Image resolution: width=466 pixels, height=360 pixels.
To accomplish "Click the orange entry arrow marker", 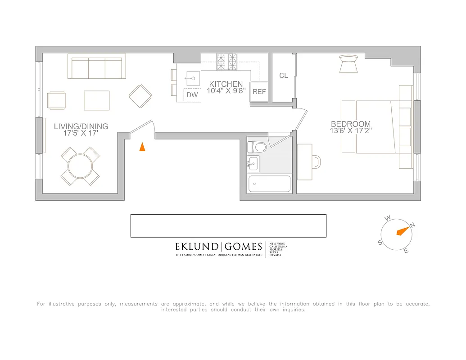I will coord(142,147).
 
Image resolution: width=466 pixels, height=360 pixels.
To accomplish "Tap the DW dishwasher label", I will coord(192,95).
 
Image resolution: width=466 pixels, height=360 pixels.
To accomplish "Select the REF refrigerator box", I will coord(259,91).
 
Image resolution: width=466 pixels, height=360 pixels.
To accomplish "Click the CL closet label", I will coord(283,76).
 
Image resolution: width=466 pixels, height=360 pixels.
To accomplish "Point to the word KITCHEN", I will coord(226,84).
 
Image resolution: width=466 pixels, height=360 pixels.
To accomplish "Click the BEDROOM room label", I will coord(351,124).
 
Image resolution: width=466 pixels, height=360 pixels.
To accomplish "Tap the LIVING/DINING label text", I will coord(81,126).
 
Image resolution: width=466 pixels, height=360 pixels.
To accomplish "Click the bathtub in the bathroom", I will coord(270,184).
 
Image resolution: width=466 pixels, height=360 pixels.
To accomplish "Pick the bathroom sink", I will coord(253,163).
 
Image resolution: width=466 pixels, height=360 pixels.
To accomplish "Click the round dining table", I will coord(80,166).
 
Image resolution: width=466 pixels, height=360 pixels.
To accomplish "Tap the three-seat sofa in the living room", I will coord(96,67).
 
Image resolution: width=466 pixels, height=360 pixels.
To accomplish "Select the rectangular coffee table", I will coord(96,100).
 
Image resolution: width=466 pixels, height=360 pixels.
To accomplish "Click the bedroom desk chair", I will coord(317,162).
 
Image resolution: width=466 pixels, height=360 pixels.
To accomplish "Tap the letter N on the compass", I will coord(413,225).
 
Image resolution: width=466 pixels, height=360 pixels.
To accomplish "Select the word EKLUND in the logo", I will coord(196,247).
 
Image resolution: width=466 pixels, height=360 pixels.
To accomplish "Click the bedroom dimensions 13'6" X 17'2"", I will coord(351,131).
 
